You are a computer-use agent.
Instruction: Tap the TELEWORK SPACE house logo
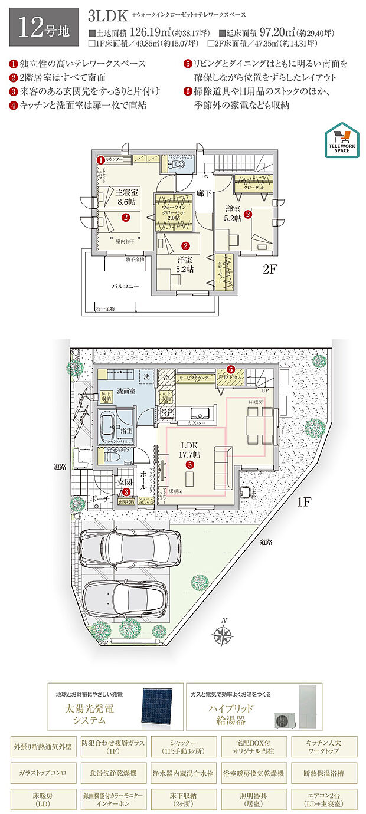click(341, 141)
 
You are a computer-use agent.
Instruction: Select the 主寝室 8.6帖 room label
click(126, 197)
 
